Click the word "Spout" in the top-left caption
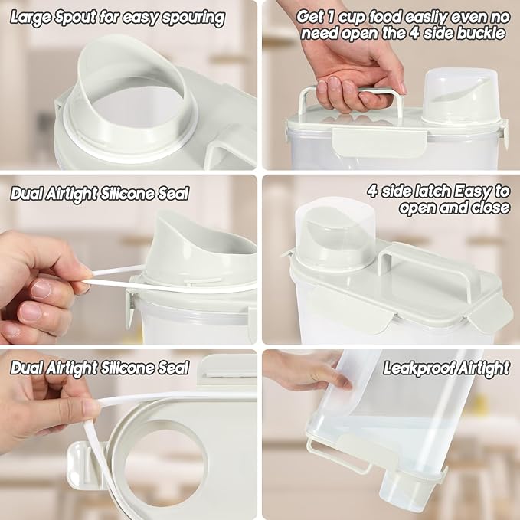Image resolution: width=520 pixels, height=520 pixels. (76, 18)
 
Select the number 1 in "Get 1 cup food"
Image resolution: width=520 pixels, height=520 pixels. (330, 17)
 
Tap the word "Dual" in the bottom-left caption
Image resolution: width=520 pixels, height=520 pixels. (27, 368)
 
